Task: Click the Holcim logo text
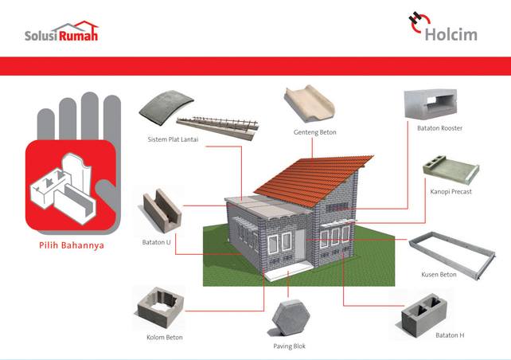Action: [x=451, y=34]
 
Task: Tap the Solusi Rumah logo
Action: [x=61, y=31]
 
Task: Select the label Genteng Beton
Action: [x=315, y=132]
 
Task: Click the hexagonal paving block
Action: [x=291, y=318]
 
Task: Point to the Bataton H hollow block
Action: [x=423, y=315]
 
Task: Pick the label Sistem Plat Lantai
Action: [x=173, y=139]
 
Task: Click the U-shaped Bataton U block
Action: [x=162, y=210]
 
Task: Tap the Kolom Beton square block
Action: [x=160, y=307]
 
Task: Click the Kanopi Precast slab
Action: [x=451, y=170]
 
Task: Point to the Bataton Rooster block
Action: [x=430, y=104]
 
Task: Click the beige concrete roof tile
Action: [x=310, y=104]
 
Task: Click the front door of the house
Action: [x=300, y=245]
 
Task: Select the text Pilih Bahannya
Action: [x=72, y=245]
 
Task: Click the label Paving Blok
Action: [x=290, y=346]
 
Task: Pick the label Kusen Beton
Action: [x=439, y=275]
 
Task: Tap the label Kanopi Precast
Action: [x=451, y=191]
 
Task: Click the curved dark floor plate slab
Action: [x=166, y=108]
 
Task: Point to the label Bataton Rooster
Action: [x=439, y=128]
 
